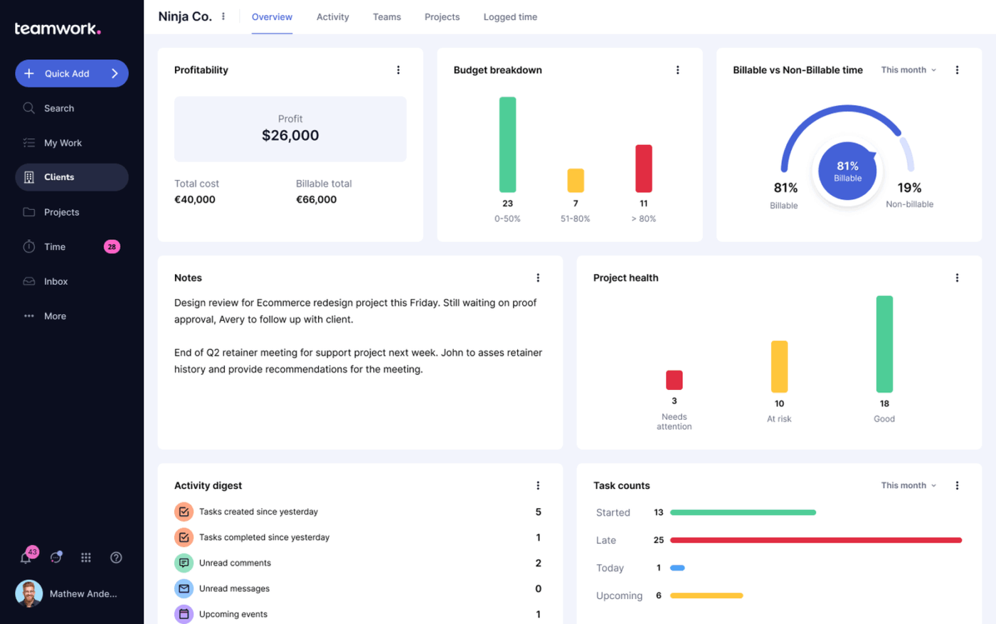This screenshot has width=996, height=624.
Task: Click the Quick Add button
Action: point(71,73)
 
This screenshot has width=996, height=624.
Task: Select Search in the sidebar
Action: point(58,108)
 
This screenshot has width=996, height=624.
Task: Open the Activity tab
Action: point(332,17)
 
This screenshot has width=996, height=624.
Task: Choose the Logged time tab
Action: point(510,17)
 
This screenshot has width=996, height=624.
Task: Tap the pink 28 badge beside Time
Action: point(112,247)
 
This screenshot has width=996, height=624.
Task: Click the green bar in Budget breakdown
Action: point(507,144)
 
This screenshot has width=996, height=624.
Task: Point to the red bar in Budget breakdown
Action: point(643,169)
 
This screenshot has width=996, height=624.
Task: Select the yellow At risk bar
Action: point(779,366)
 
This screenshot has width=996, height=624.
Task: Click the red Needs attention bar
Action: point(674,380)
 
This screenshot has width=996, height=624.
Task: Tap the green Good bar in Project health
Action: point(884,344)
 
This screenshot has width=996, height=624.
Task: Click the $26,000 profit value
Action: point(290,135)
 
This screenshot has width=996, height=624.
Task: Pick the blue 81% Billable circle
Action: point(847,171)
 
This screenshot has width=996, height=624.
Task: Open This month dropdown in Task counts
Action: point(908,485)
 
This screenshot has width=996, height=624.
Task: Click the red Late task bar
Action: point(815,540)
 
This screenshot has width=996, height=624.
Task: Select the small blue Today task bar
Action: point(677,568)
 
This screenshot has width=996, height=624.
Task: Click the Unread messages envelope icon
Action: point(184,588)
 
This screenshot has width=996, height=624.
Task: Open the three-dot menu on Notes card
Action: point(538,277)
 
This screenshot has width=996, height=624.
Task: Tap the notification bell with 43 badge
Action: point(26,557)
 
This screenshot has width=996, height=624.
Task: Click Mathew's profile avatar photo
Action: point(28,593)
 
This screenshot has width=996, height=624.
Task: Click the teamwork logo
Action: point(58,28)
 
